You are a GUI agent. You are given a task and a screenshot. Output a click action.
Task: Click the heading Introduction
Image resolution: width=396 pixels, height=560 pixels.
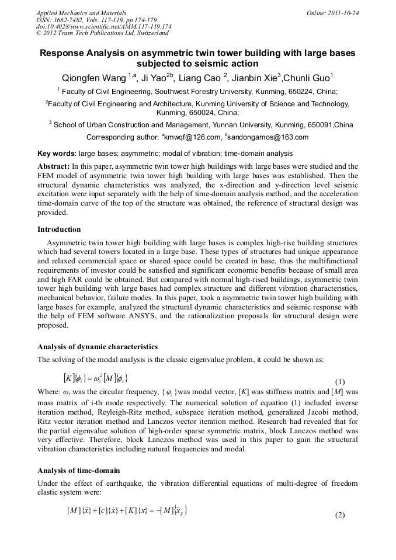[59, 229]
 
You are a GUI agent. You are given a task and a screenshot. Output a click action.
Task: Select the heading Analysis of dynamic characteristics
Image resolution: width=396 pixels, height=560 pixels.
[98, 346]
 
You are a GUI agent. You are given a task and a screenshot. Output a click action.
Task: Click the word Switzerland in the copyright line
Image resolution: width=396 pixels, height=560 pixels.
[147, 33]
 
